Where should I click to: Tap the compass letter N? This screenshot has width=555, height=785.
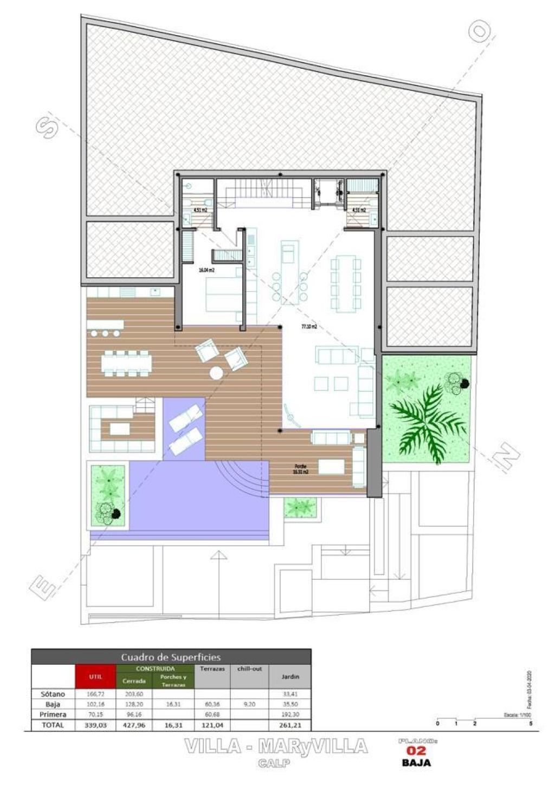click(507, 458)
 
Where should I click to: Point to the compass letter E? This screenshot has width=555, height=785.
click(42, 587)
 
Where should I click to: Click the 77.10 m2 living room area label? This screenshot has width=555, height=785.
click(309, 326)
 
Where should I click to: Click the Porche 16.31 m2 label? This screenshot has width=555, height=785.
click(301, 469)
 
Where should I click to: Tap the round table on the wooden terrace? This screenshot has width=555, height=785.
click(217, 373)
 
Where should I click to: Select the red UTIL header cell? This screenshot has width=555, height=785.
click(95, 676)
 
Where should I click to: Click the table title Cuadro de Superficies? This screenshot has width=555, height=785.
click(171, 657)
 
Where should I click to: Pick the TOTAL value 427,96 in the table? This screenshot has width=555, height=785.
click(134, 725)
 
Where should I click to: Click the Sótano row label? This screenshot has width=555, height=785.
click(53, 694)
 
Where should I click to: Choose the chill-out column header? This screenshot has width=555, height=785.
click(249, 669)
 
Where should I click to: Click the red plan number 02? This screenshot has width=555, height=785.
click(416, 750)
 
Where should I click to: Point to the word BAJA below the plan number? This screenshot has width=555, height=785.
click(416, 763)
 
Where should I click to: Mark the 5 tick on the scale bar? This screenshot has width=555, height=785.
click(530, 723)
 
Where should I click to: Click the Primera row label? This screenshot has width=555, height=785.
click(53, 715)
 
